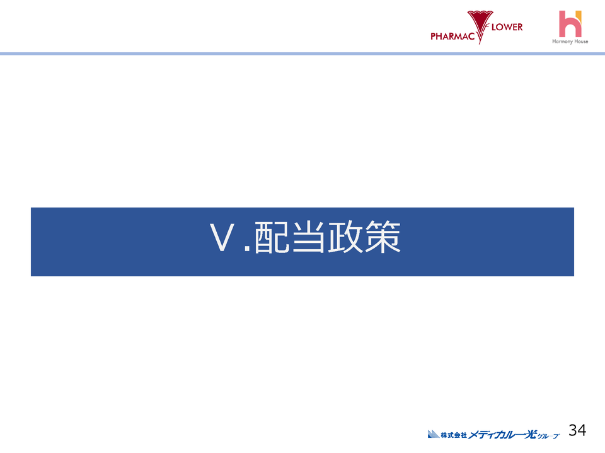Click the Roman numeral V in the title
pos(222,239)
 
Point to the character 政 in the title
pos(345,239)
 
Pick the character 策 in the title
pos(383,239)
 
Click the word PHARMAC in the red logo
pos(453,36)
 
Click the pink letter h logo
pos(569,23)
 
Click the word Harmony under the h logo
pos(562,42)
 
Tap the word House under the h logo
pos(581,42)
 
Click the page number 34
pos(577,430)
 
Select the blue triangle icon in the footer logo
pos(432,433)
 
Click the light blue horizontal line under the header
pos(302,54)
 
